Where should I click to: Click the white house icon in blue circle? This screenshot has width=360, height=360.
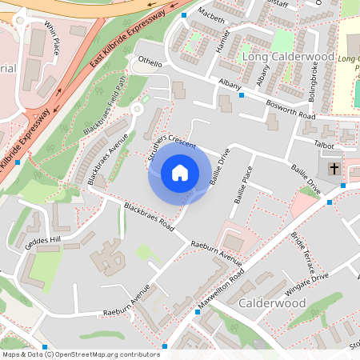(x=180, y=172)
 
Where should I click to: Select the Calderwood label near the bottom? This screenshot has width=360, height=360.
(x=273, y=303)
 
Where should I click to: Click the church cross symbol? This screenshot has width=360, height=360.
(x=334, y=170)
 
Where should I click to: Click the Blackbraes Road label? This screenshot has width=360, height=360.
(x=150, y=216)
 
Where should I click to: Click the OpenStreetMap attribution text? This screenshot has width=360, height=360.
(x=80, y=354)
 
